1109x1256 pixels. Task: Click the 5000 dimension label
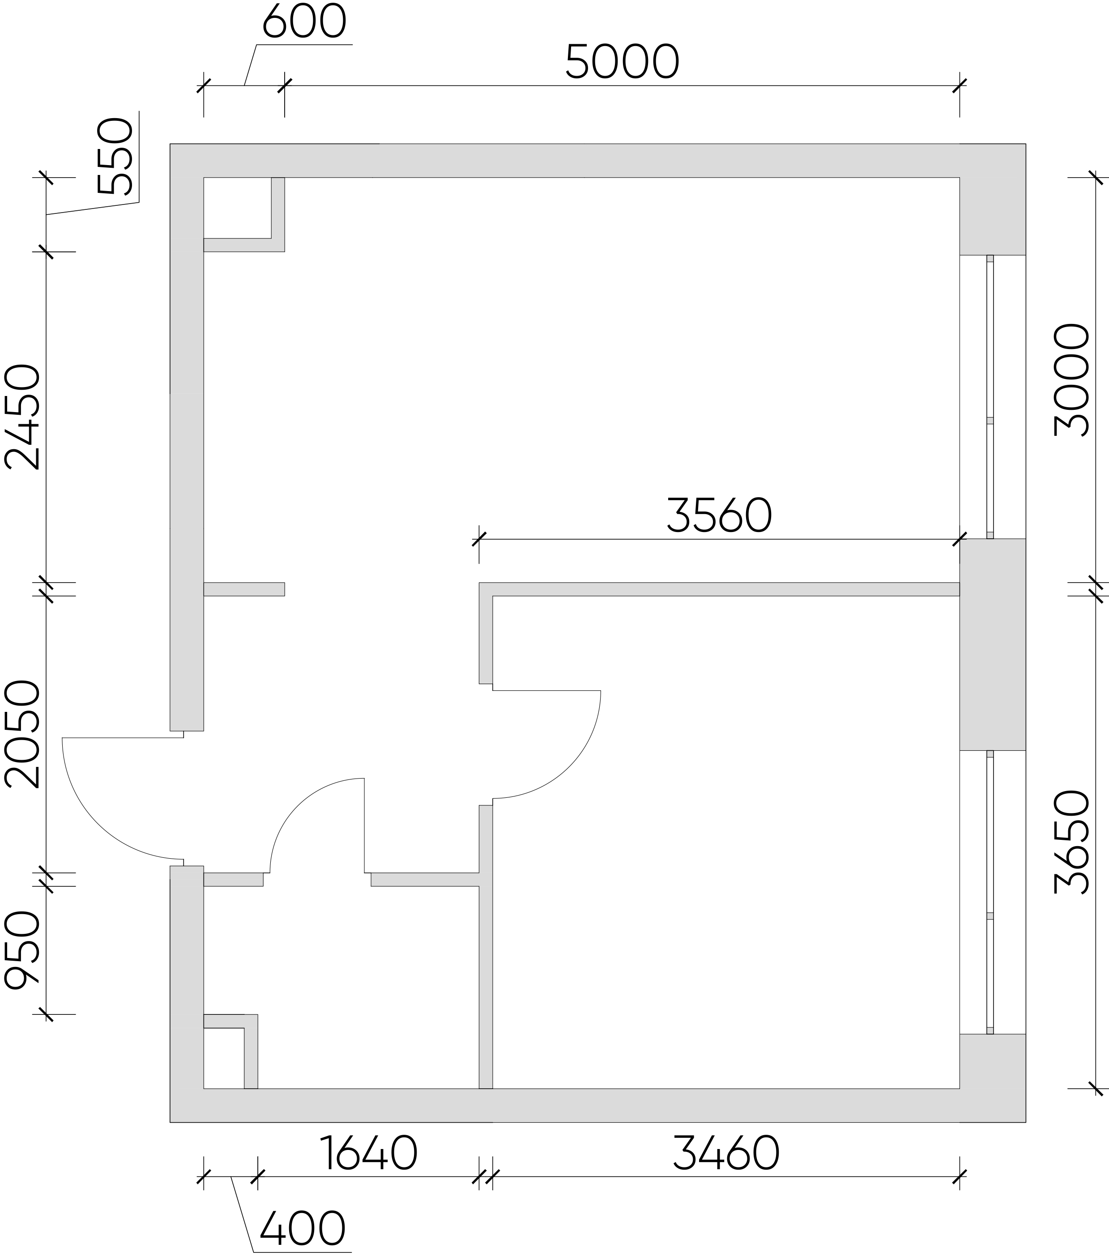coord(622,61)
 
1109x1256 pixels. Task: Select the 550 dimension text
coord(115,156)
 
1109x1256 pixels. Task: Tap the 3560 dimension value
coord(719,515)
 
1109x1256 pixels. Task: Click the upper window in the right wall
coord(990,397)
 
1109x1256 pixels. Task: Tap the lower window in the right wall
coord(990,892)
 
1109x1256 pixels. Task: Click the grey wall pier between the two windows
coord(992,645)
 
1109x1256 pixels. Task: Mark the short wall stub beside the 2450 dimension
coord(244,589)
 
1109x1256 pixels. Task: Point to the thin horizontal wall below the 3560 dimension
coord(719,589)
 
